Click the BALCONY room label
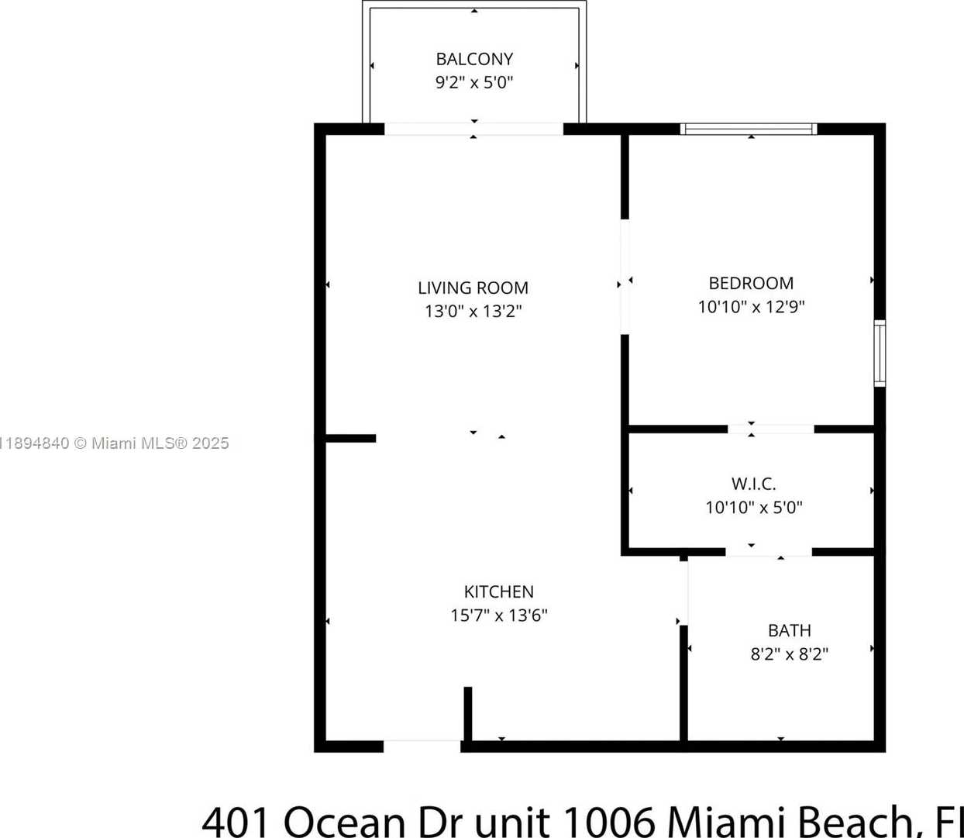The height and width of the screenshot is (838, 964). [474, 59]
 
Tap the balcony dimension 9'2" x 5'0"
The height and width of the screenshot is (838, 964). [474, 82]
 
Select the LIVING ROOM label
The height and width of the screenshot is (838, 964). [473, 288]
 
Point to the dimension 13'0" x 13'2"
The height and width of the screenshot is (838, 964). [473, 311]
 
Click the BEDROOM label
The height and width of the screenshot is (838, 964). [751, 283]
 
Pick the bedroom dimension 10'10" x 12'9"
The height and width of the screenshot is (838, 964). [751, 307]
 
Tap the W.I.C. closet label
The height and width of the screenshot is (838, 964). [753, 484]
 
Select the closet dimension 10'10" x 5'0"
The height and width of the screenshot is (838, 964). [753, 507]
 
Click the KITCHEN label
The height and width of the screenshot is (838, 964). [499, 591]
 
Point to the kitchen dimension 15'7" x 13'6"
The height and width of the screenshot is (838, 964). [499, 615]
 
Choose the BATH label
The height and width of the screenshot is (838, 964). [790, 630]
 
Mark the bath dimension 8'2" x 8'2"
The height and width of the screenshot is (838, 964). [790, 654]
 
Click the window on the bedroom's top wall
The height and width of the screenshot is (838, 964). [749, 129]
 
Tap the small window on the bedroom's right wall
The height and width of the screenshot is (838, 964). [880, 353]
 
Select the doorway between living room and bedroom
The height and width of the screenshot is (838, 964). [625, 277]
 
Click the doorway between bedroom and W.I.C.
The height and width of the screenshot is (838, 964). [771, 429]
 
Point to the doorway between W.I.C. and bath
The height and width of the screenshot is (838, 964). [769, 552]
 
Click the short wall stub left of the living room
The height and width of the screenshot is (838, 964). [350, 438]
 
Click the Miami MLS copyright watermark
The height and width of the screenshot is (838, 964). [115, 443]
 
